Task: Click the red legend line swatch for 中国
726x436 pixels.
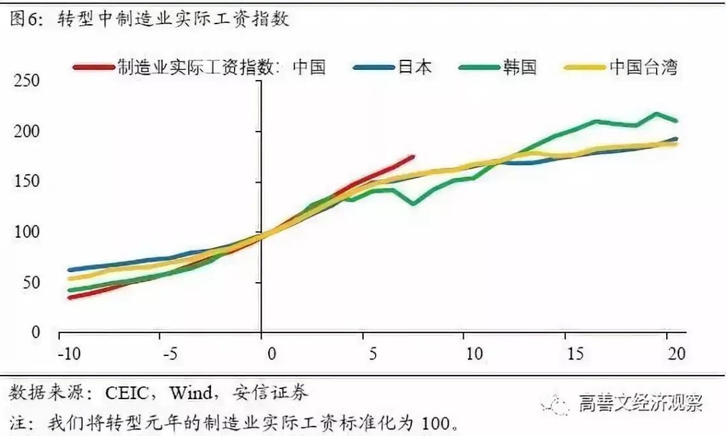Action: coord(93,67)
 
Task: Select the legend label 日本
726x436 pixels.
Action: coord(414,67)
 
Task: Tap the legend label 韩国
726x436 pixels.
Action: coord(519,67)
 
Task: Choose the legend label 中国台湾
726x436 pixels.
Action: coord(643,67)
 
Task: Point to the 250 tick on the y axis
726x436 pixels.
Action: coord(27,81)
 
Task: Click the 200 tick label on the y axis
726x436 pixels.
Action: coord(27,132)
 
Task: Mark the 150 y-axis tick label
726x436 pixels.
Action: coord(27,182)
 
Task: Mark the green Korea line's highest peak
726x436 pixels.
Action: coord(656,114)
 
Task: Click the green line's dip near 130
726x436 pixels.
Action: coord(412,204)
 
